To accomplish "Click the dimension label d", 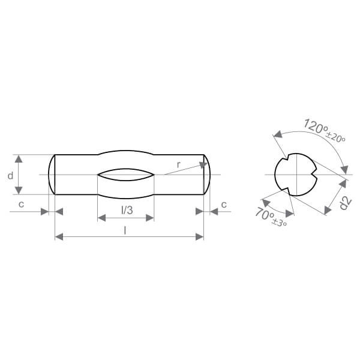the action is [11, 176].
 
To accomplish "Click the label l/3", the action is [127, 210].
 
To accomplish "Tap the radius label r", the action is [179, 164].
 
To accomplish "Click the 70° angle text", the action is [265, 213].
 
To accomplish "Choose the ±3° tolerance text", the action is [280, 222].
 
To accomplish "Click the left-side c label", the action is [22, 204].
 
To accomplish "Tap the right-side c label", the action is [224, 205].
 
